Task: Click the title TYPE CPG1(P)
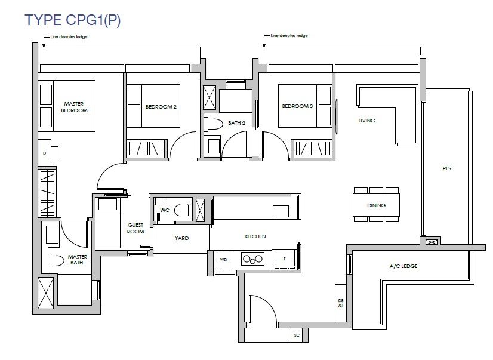click(x=73, y=20)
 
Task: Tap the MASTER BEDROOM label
click(x=74, y=107)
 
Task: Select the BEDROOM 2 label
click(x=161, y=107)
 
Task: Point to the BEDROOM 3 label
click(x=297, y=106)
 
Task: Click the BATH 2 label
click(x=236, y=123)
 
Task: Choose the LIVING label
click(x=366, y=121)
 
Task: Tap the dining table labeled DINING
click(x=377, y=205)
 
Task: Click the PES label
click(x=447, y=168)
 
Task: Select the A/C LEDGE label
click(x=403, y=266)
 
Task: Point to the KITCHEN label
click(x=255, y=236)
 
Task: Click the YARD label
click(x=181, y=238)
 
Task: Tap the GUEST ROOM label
click(x=135, y=228)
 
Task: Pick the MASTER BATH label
click(x=78, y=260)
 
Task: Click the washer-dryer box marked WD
click(x=223, y=260)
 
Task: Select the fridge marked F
click(x=285, y=259)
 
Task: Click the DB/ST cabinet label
click(x=341, y=303)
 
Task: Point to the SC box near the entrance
click(x=297, y=336)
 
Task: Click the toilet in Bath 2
click(x=213, y=124)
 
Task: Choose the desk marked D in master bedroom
click(x=48, y=153)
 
